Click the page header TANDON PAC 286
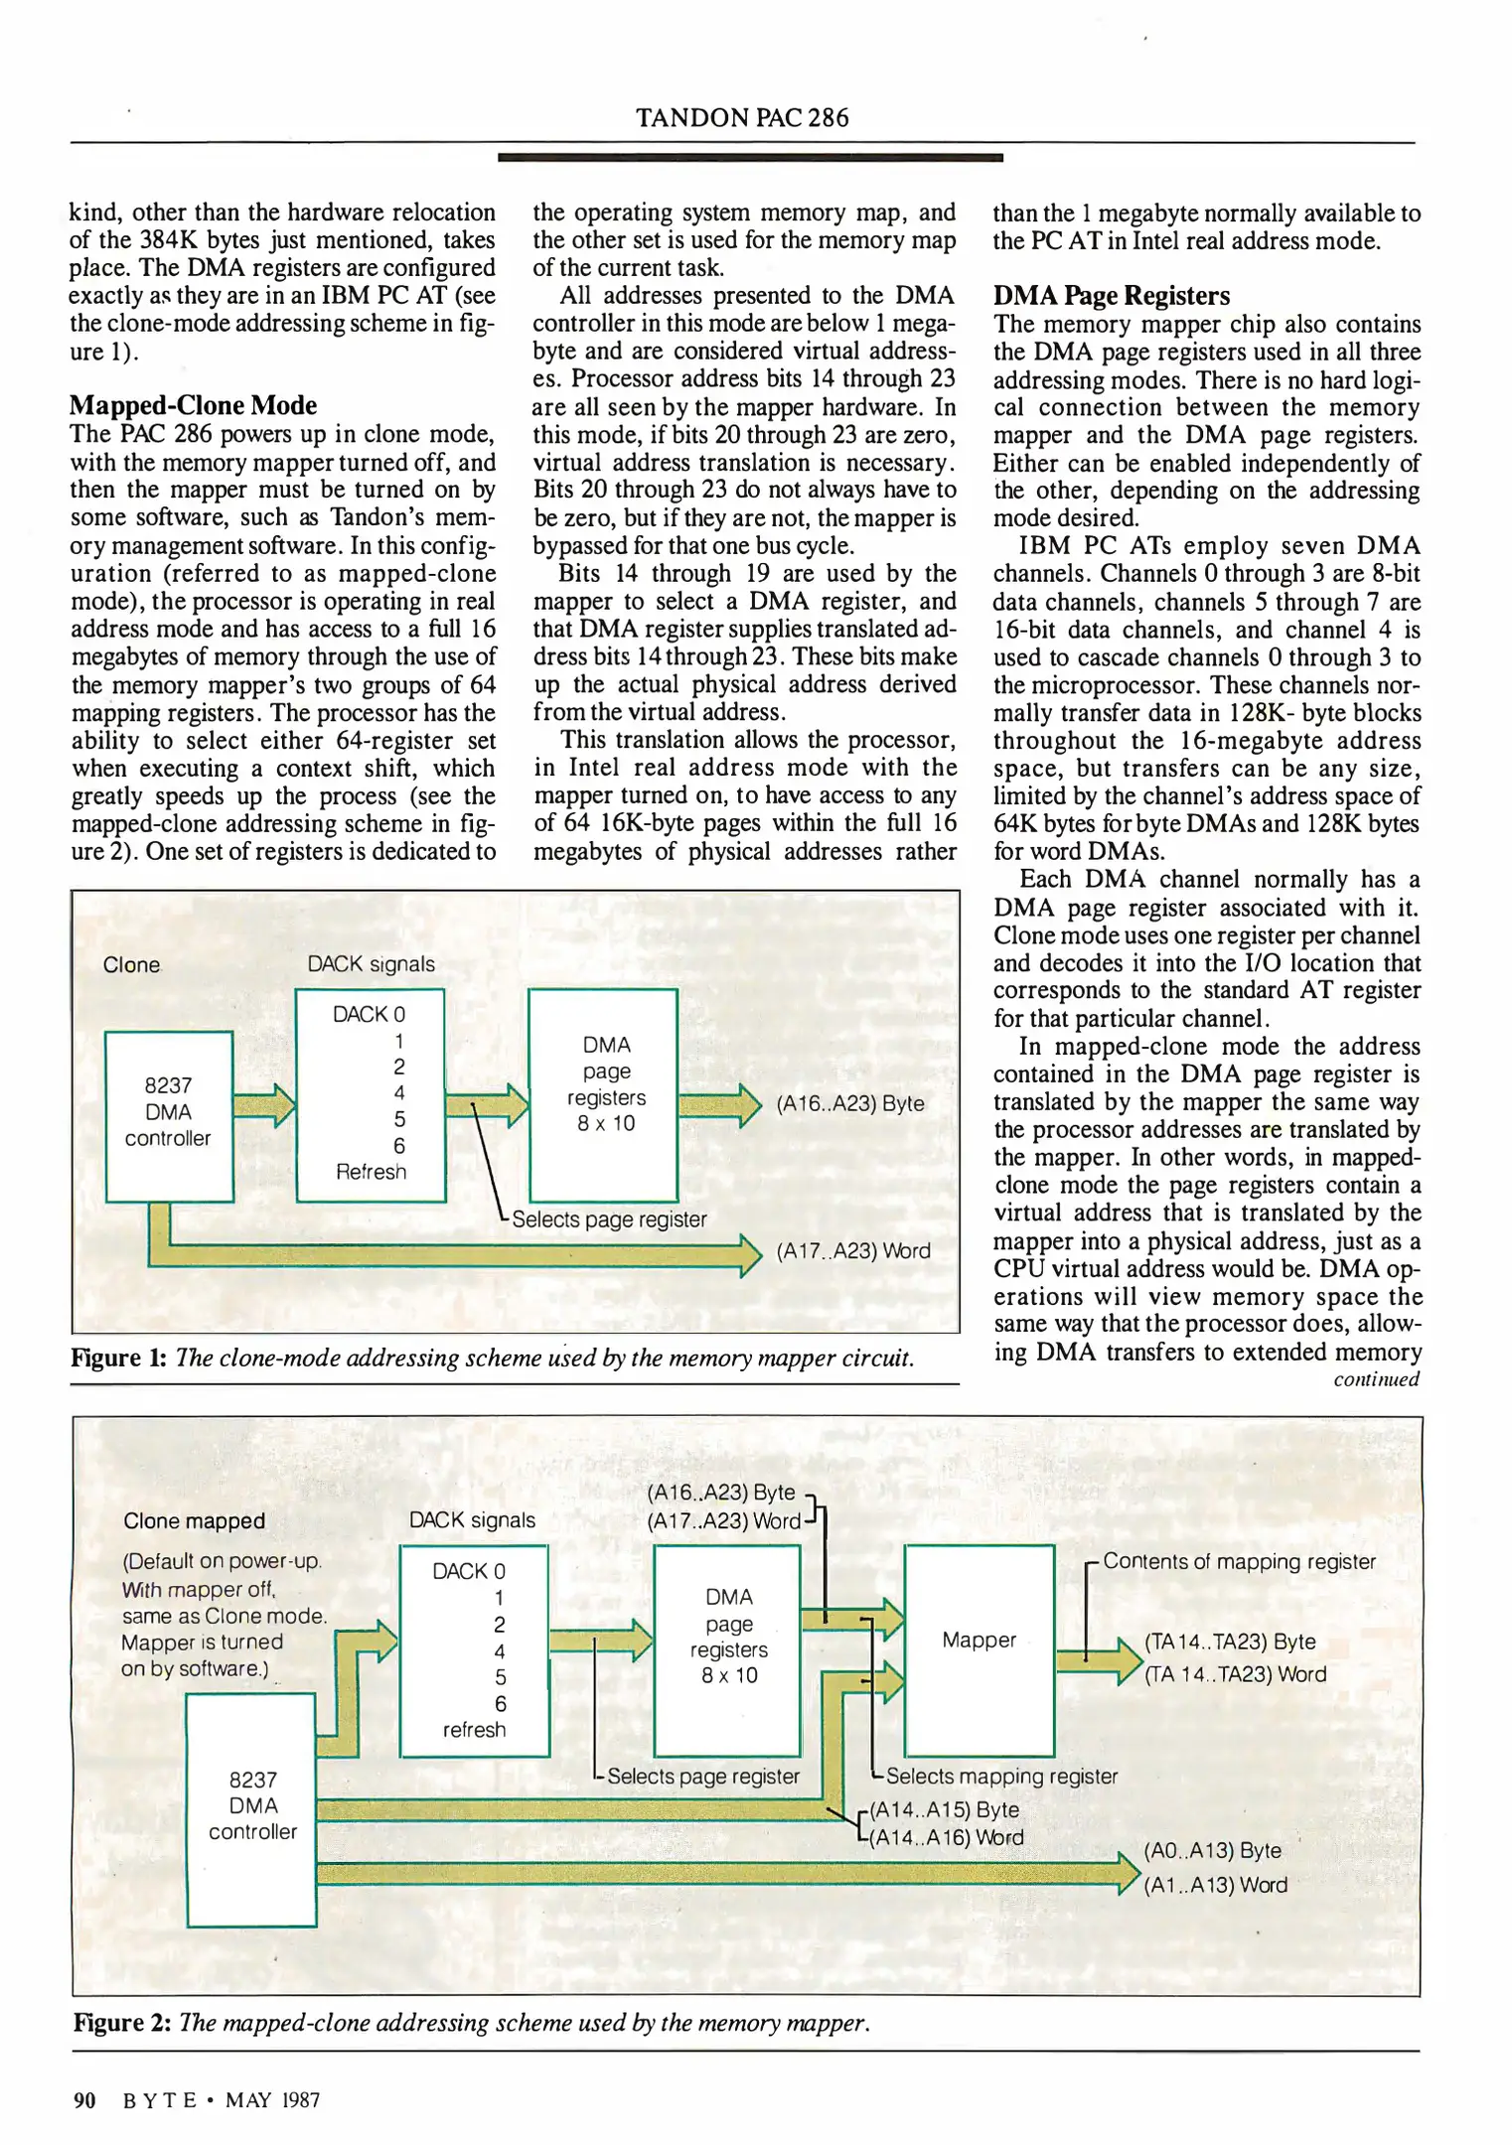(x=742, y=118)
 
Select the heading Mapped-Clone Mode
(x=193, y=405)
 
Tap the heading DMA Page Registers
(x=1111, y=296)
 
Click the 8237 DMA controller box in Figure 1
(x=169, y=1115)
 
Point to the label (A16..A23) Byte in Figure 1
(x=849, y=1103)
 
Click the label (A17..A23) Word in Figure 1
(x=852, y=1251)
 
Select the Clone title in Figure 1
(x=131, y=965)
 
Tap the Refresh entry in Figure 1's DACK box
(x=371, y=1172)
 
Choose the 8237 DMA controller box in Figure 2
(x=252, y=1807)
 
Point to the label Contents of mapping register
(x=1238, y=1561)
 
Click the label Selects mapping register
(x=1000, y=1776)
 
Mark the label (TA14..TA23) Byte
(x=1229, y=1642)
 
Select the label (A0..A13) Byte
(x=1212, y=1850)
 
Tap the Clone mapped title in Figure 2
(x=194, y=1521)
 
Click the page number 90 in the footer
(x=84, y=2099)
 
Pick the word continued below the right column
(x=1376, y=1379)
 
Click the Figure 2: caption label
(x=122, y=2023)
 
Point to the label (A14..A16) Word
(x=945, y=1837)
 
